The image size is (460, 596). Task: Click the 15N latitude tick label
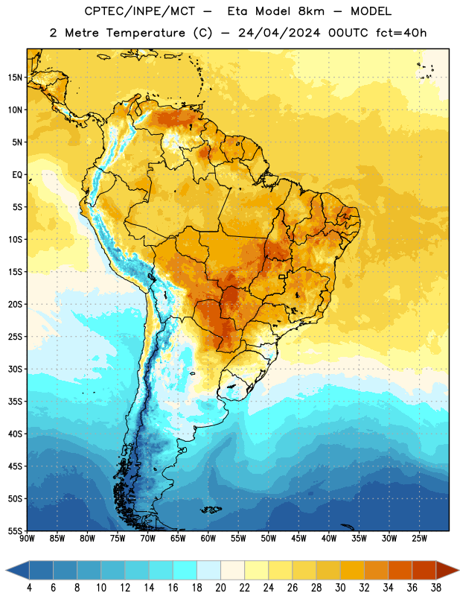15,77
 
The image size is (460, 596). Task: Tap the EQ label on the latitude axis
17,175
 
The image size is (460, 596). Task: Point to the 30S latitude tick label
15,369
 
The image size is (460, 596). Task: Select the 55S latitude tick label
15,530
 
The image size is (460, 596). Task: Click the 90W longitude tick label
27,539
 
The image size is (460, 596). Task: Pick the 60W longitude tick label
208,539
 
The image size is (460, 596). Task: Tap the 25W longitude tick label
419,539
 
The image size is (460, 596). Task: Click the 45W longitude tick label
298,539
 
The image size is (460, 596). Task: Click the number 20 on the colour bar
220,588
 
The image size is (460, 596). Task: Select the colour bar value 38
436,588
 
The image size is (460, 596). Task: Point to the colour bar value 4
29,588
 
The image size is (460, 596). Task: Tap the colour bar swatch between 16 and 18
185,570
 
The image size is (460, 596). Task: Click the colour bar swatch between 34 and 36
400,570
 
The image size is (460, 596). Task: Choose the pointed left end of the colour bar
7,570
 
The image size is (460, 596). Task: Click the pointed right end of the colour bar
459,570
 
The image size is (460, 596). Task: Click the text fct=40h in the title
401,33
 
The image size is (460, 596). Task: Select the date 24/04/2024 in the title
279,33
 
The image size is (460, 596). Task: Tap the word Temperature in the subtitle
145,33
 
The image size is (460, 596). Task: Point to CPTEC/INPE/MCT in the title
140,11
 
